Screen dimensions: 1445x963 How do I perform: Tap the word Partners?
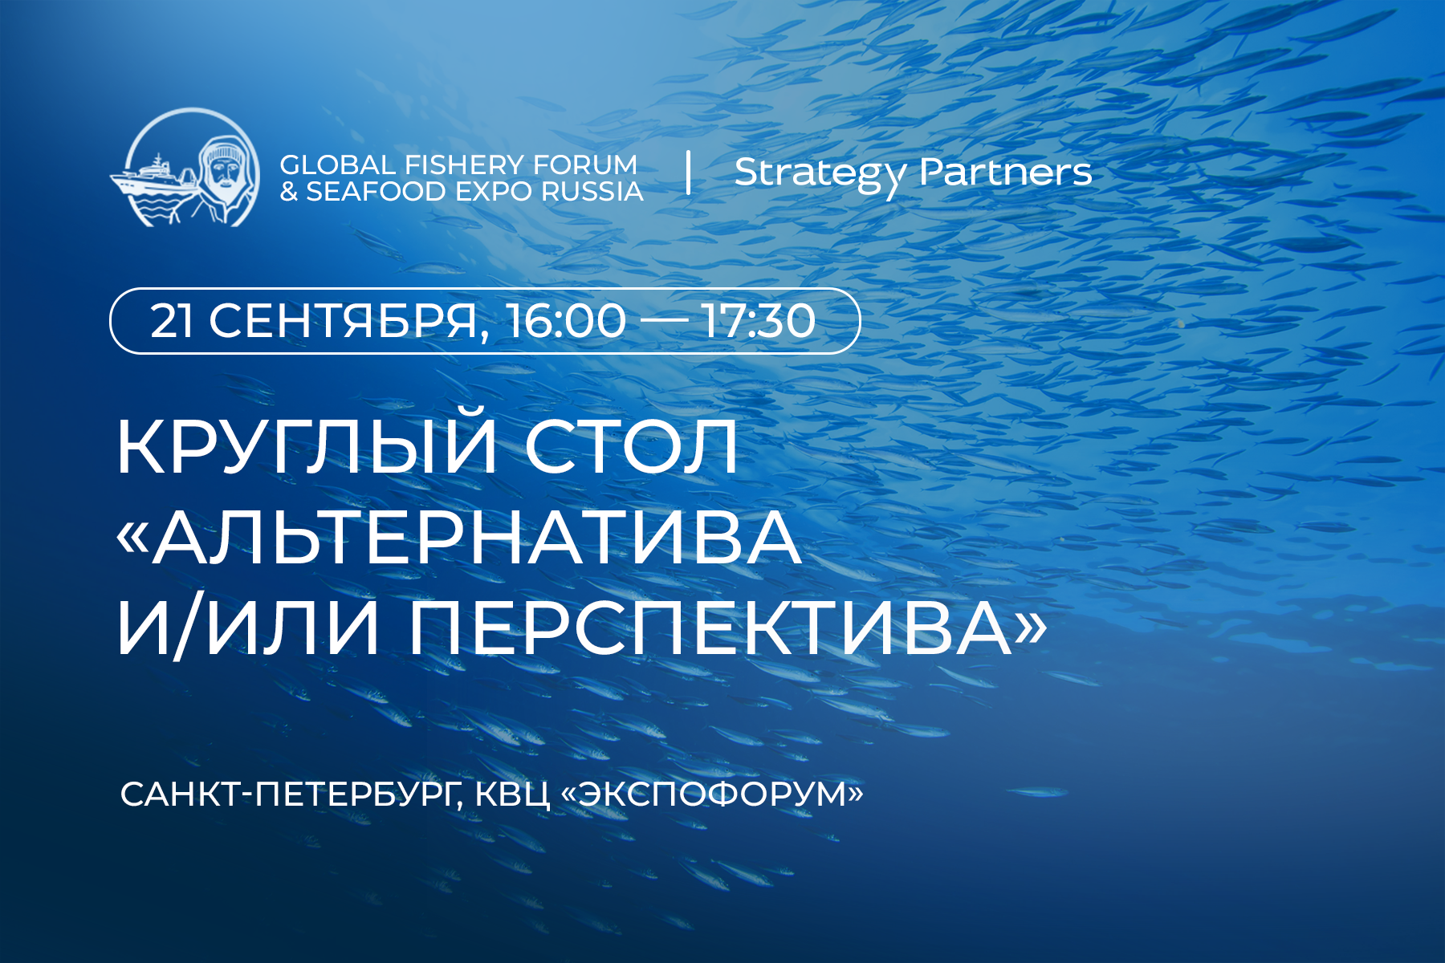point(1006,172)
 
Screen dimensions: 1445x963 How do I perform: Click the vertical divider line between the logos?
point(689,173)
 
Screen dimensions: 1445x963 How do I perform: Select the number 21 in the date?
point(171,321)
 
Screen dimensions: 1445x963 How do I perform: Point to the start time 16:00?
point(565,321)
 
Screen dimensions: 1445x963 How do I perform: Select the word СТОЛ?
point(632,448)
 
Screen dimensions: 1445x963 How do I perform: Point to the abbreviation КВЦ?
point(512,795)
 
